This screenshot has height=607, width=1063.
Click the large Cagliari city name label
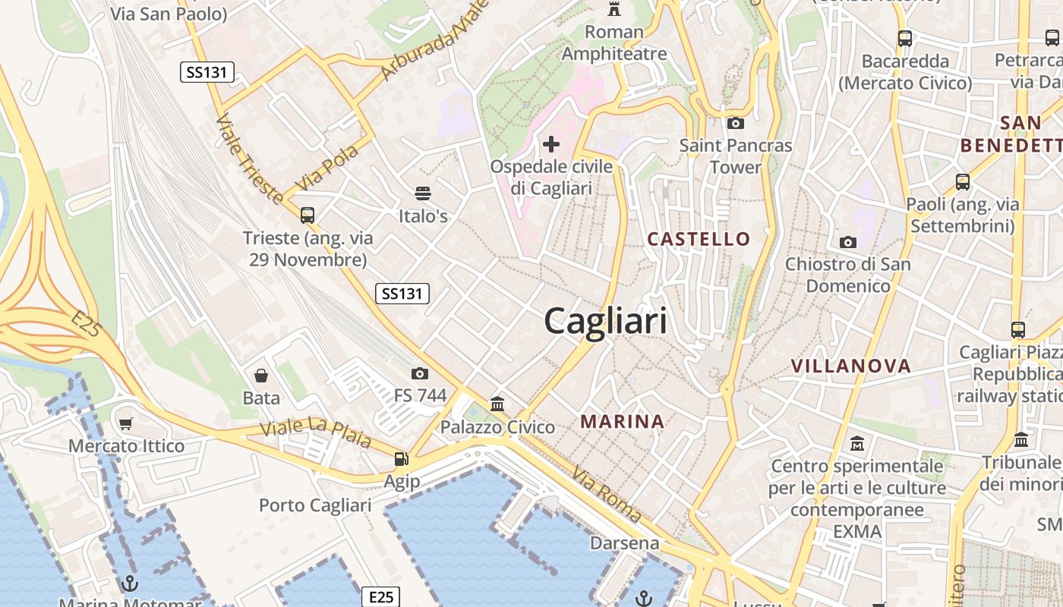tap(605, 321)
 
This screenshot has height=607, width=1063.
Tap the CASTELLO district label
tap(699, 239)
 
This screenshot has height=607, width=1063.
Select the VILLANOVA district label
tap(850, 366)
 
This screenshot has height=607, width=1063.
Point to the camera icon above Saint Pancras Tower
tap(735, 123)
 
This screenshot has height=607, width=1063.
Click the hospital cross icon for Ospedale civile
tap(551, 143)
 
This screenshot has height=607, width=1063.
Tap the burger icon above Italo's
tap(423, 194)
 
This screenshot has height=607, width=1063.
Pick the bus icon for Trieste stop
tap(308, 215)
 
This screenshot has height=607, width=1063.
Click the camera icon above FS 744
tap(419, 373)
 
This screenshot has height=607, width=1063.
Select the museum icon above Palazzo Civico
tap(497, 404)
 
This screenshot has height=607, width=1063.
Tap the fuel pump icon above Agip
tap(401, 458)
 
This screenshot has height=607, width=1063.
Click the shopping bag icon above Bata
tap(261, 376)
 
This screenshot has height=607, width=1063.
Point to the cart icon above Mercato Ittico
tap(126, 423)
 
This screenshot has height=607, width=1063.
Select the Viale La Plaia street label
tap(316, 432)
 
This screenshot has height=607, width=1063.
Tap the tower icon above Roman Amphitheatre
tap(614, 9)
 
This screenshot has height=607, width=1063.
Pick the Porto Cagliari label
tap(315, 505)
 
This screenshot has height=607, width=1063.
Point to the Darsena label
tap(625, 543)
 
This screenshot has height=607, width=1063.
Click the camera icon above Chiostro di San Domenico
tap(848, 242)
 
